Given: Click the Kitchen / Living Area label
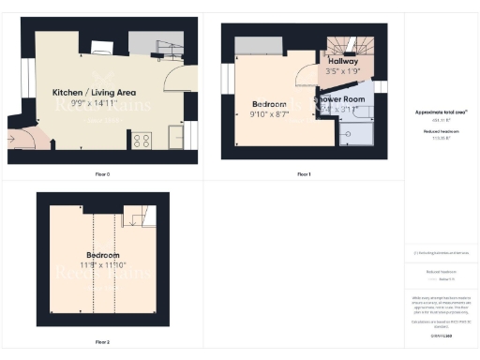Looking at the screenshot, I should [x=95, y=92].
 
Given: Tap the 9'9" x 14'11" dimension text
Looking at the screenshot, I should [x=95, y=102].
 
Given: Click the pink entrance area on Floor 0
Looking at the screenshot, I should [x=24, y=140].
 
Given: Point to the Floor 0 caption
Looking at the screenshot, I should [x=102, y=174].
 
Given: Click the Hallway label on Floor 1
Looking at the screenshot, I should [x=342, y=60].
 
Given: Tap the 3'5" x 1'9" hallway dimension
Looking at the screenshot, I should [x=342, y=70].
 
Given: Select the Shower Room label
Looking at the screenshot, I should [x=339, y=98].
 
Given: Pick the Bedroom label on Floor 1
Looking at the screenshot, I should [x=270, y=103].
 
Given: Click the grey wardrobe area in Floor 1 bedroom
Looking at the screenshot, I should [x=258, y=45].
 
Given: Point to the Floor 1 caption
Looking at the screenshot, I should [x=304, y=174].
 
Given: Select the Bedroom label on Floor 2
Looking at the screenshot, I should [x=103, y=255].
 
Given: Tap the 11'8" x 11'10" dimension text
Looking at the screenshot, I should [x=103, y=265].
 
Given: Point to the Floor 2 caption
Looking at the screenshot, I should [x=102, y=342].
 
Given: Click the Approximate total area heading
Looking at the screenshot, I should [x=441, y=112].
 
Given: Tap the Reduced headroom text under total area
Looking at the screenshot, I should [x=441, y=132].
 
